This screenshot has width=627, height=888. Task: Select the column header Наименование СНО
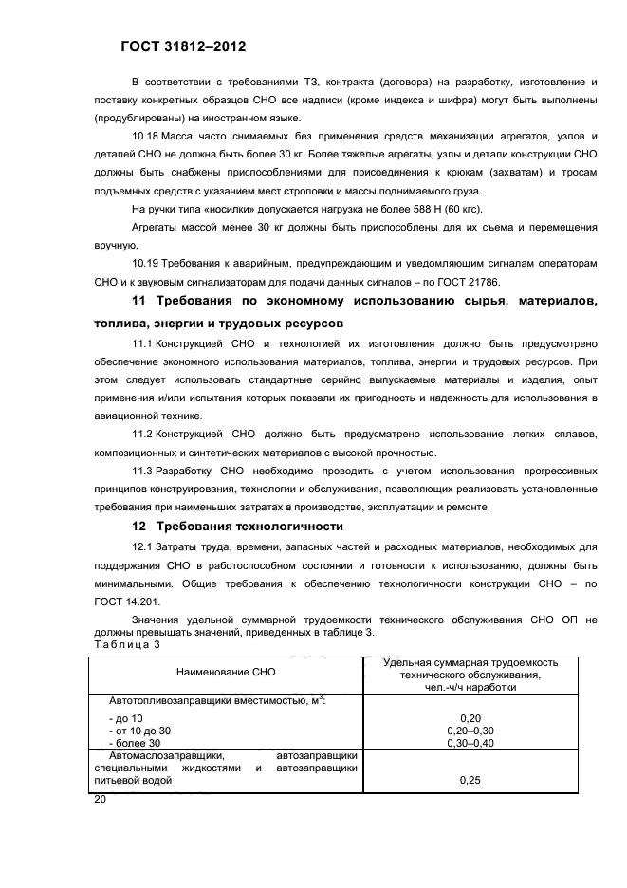pyautogui.click(x=225, y=671)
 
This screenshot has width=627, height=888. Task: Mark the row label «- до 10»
pyautogui.click(x=127, y=718)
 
